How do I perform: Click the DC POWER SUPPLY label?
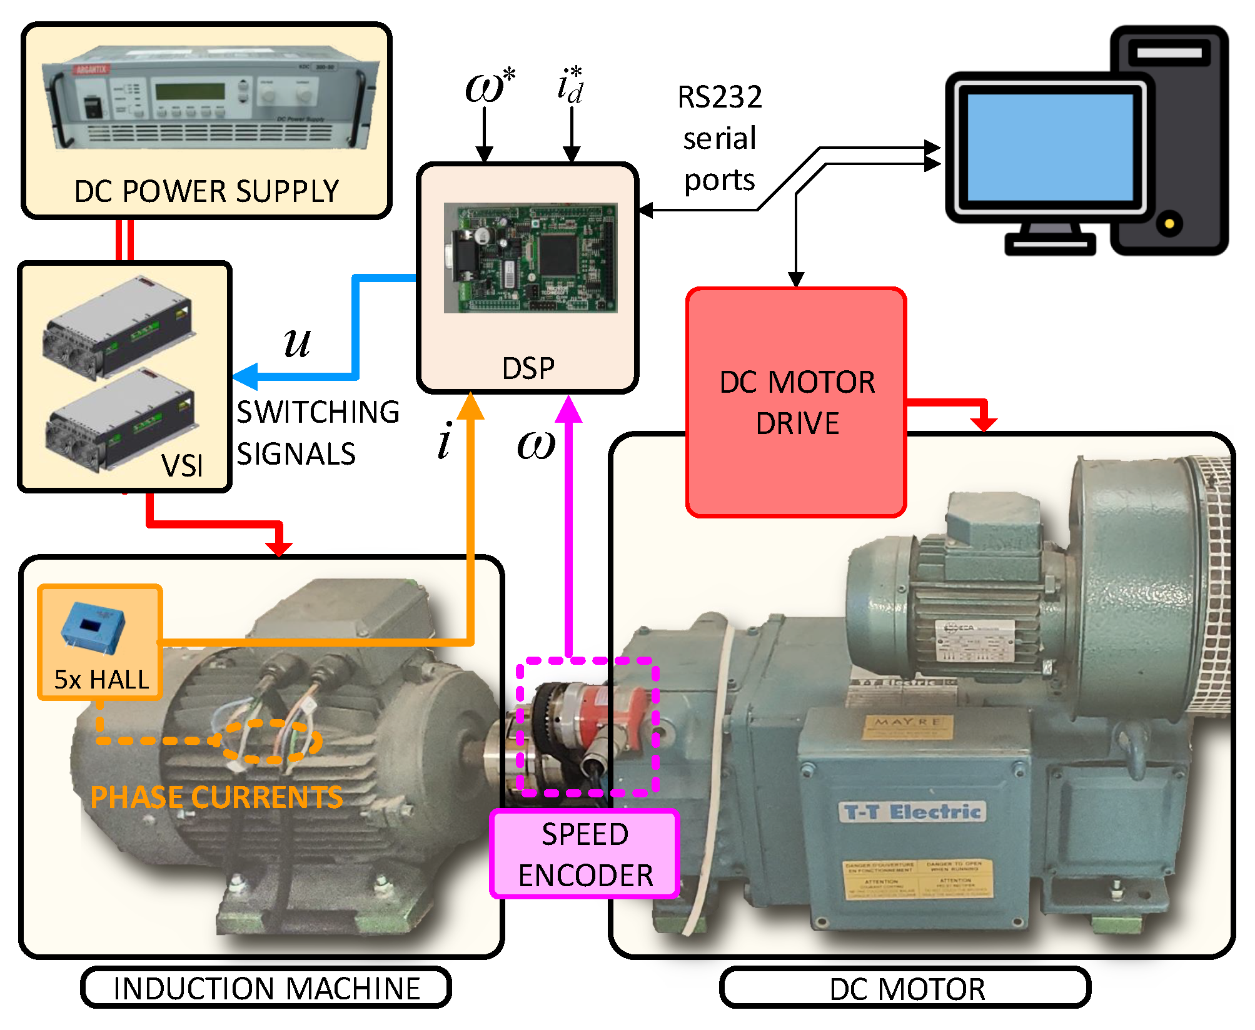pos(206,191)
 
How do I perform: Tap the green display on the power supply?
pos(189,91)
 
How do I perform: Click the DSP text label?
pos(528,368)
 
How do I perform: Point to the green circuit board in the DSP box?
pos(530,258)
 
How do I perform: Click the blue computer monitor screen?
pos(1050,147)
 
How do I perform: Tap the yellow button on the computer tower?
pos(1169,223)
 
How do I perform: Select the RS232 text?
pos(720,97)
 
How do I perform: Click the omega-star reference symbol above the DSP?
pos(490,86)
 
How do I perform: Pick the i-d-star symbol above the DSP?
pos(570,86)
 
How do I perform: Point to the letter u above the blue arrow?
pos(296,343)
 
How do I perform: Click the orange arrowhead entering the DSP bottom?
pos(470,406)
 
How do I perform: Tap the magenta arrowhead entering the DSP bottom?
pos(569,409)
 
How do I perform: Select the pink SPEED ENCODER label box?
pos(585,854)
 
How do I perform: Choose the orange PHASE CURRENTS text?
pos(216,797)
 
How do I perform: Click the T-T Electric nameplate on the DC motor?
pos(912,812)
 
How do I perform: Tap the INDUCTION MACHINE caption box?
pos(266,988)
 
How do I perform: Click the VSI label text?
pos(182,465)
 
